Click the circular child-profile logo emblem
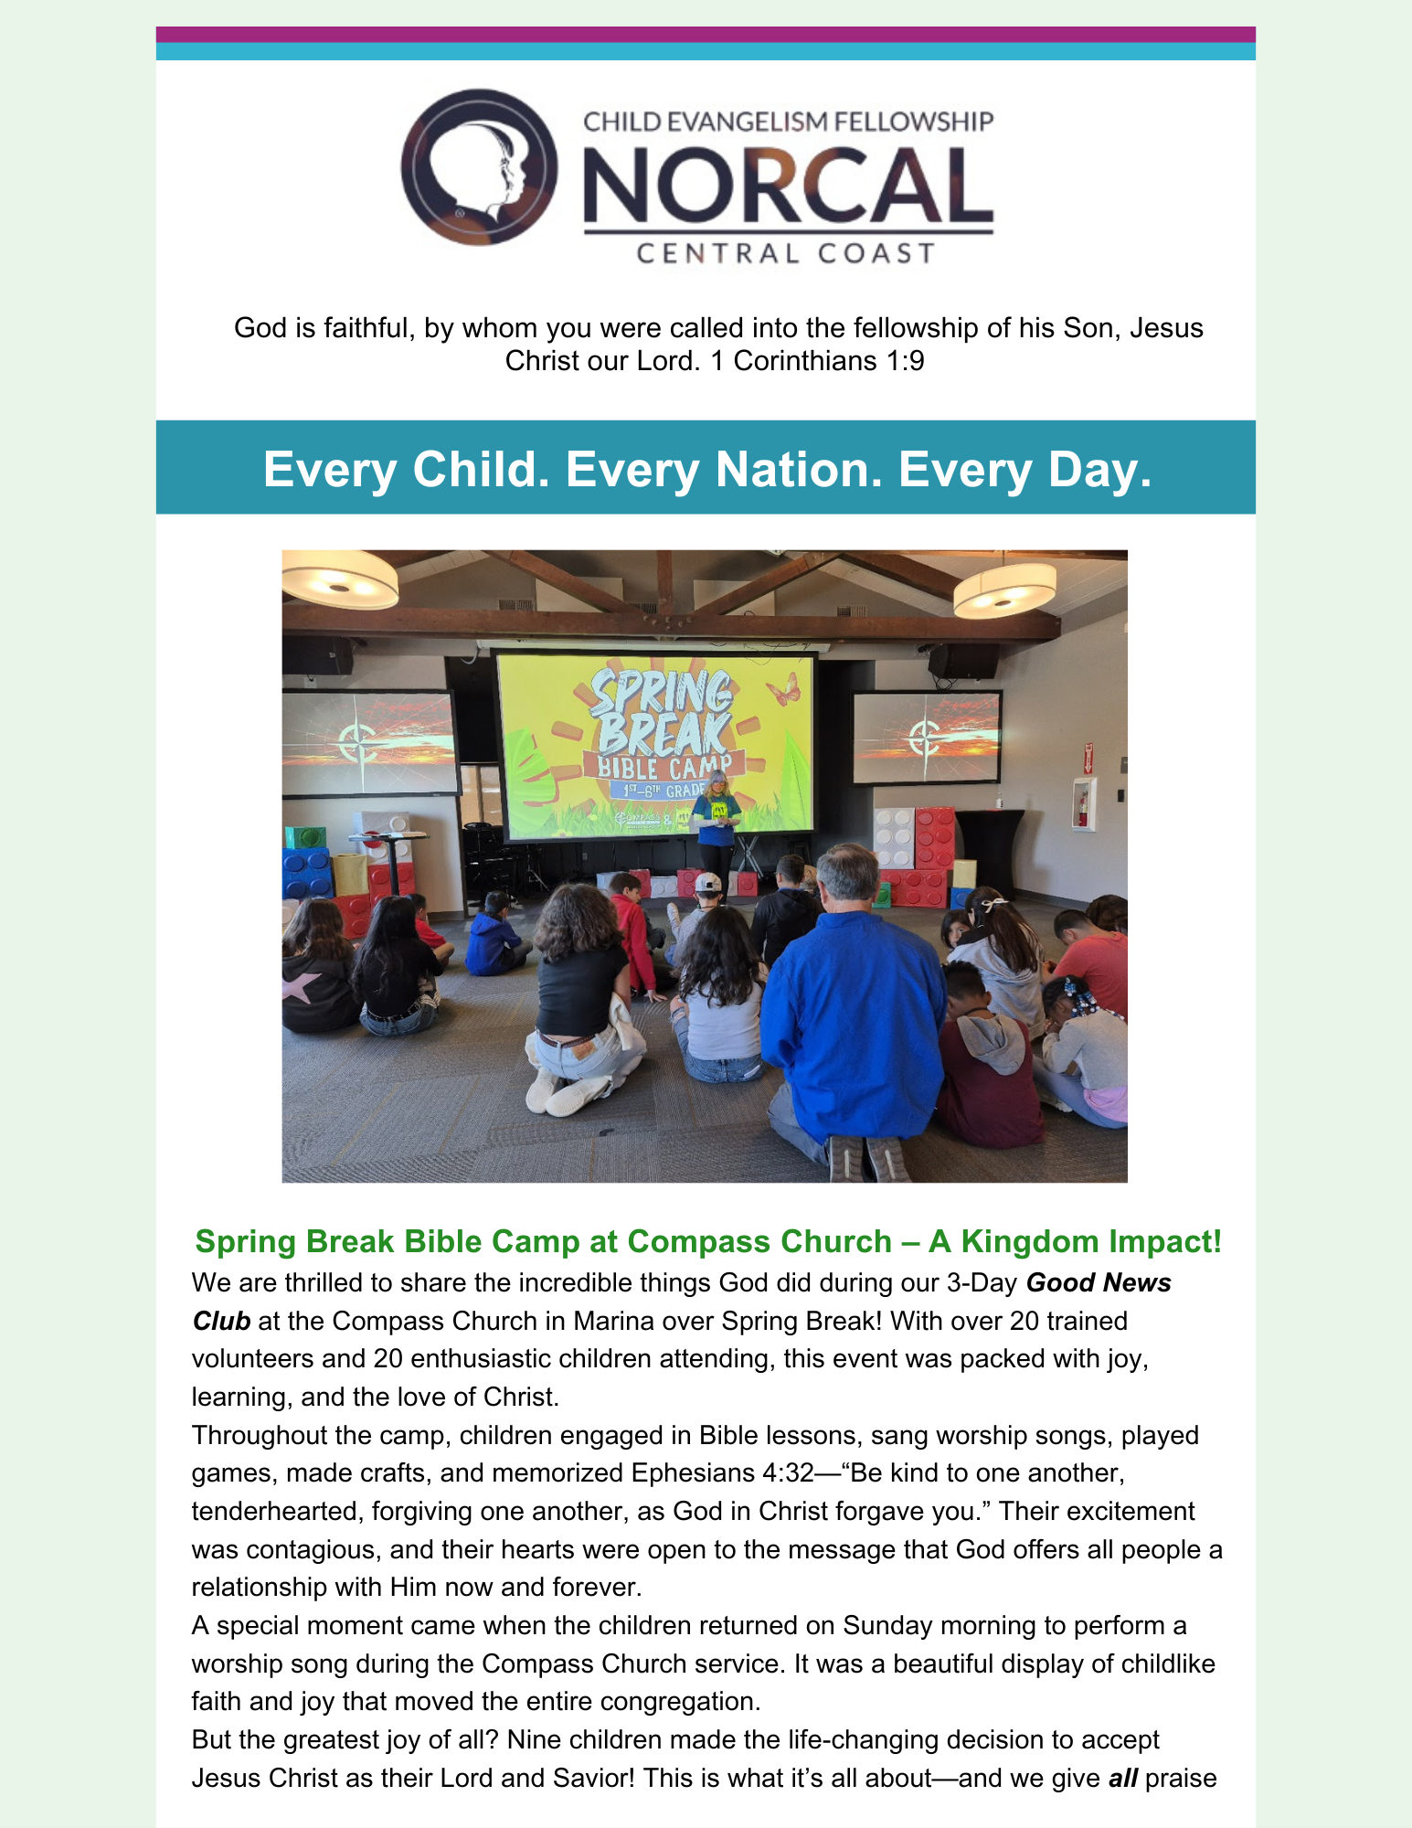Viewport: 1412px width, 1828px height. [x=478, y=167]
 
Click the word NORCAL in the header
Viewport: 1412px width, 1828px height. [x=787, y=185]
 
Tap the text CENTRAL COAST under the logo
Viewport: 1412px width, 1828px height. [x=786, y=253]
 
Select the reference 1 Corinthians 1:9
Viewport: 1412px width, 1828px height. [x=817, y=361]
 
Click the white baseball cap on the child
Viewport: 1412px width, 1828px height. [x=707, y=882]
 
